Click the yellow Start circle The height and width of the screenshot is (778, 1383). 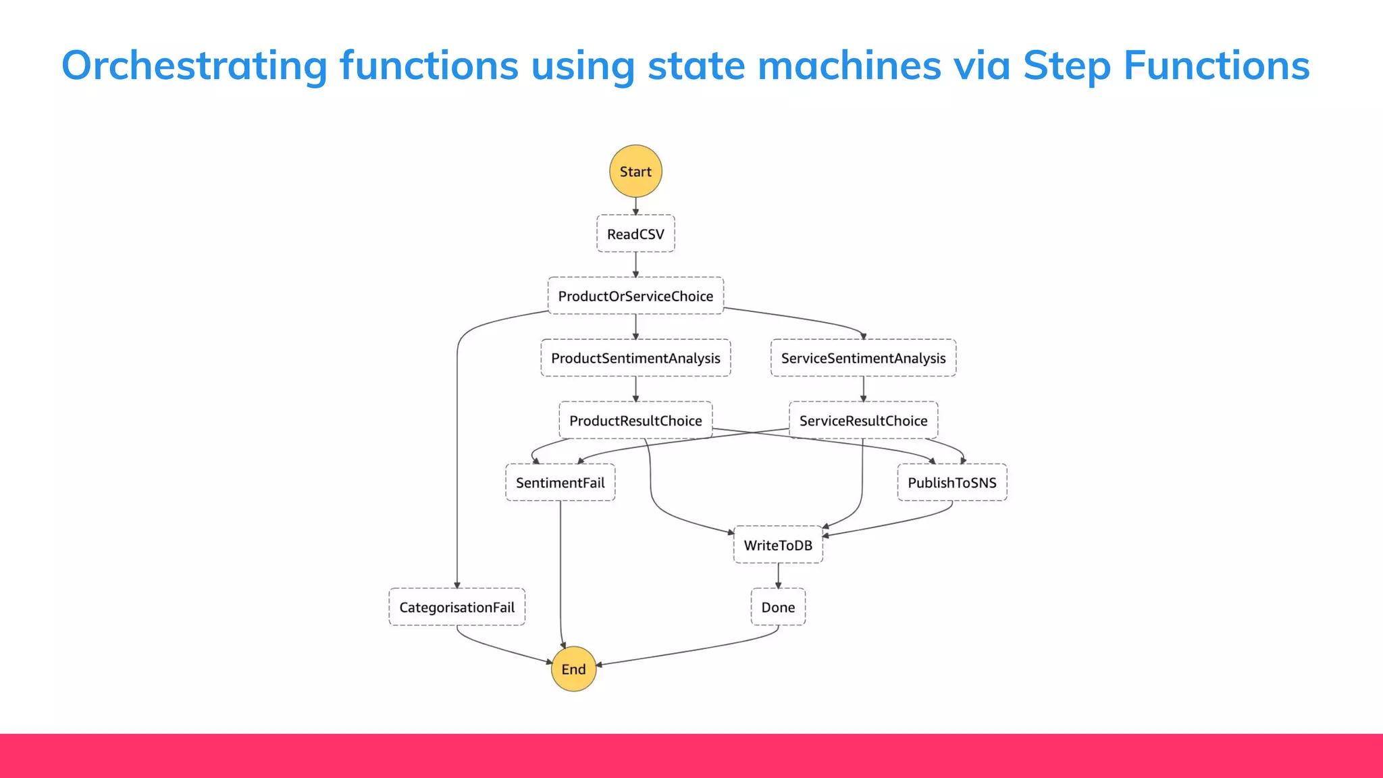pos(635,172)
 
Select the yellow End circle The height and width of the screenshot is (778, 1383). pos(573,669)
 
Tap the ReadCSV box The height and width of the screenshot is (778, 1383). pos(635,234)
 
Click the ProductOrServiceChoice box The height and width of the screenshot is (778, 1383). pos(635,296)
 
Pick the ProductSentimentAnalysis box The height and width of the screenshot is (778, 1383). pos(635,358)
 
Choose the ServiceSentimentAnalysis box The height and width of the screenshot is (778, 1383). pos(863,358)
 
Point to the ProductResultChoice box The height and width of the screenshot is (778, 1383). pos(635,421)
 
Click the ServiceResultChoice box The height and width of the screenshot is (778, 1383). pos(863,421)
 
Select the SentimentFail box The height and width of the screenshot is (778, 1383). pos(560,483)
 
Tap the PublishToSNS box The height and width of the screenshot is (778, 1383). pos(951,483)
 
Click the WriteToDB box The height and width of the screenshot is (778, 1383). pos(778,545)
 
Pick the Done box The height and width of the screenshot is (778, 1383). pos(778,607)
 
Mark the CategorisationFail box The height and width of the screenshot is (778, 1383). pos(456,607)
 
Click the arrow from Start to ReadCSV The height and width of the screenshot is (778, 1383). pos(635,207)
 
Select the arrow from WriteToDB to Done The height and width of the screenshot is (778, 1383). pos(778,576)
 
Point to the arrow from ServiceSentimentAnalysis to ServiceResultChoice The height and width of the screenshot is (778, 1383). pos(863,390)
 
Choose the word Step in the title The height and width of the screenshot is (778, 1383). pos(1066,66)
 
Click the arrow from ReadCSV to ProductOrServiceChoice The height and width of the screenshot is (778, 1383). pos(635,265)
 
